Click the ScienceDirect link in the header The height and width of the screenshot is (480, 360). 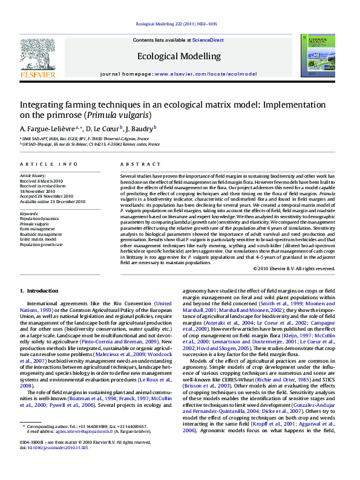208,40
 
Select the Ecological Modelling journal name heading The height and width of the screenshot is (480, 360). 179,56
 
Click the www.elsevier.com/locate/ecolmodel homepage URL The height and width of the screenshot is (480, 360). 205,73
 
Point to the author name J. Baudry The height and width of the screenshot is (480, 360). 140,129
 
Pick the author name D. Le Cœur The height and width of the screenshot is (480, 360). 103,129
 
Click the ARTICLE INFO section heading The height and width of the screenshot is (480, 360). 48,164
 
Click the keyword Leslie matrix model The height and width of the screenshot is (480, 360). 41,239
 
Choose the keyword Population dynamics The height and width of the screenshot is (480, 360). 39,218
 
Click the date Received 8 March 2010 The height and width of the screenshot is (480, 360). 41,181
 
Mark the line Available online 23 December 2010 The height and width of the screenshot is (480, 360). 53,201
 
